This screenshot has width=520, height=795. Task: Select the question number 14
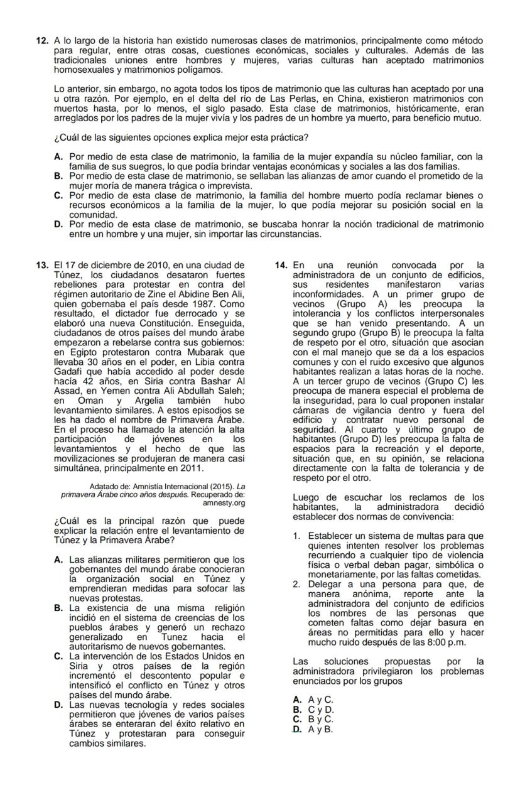(281, 266)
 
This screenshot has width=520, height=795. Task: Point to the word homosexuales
(84, 69)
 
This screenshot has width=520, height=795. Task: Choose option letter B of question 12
(58, 176)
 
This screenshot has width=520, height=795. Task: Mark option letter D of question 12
(58, 224)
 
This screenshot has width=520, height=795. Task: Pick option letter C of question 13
(58, 657)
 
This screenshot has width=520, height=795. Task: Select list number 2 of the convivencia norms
(296, 584)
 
